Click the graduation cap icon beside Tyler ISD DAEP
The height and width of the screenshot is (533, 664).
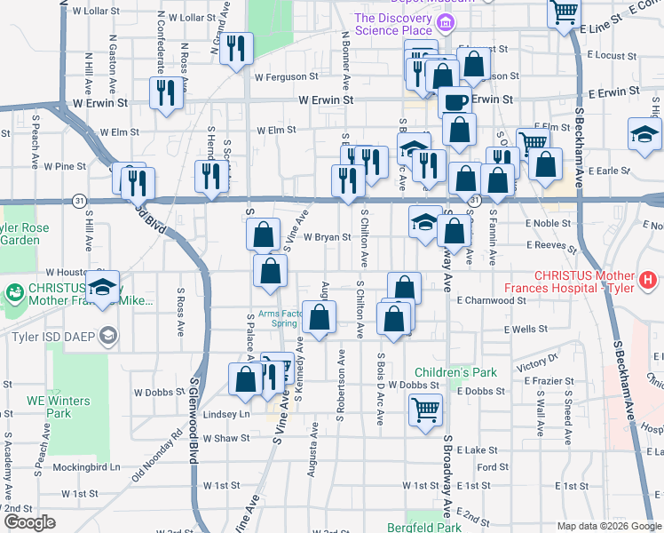pos(108,335)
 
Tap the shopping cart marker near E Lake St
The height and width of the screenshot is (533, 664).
pos(426,410)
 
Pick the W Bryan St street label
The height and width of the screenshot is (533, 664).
pos(328,237)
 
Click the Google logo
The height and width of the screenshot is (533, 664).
pos(30,522)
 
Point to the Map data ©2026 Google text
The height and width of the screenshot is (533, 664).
pos(608,526)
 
